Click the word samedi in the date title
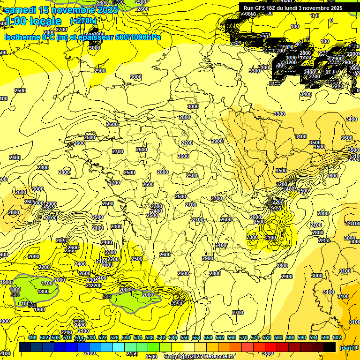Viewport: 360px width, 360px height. [21, 10]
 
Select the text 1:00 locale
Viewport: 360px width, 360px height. [33, 21]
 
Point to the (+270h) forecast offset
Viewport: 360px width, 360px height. [83, 21]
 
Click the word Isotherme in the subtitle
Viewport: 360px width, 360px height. [22, 37]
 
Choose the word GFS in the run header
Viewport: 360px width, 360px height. [260, 8]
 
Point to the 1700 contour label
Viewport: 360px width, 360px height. [47, 283]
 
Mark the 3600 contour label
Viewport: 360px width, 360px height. [347, 138]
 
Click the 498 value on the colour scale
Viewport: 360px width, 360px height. [32, 337]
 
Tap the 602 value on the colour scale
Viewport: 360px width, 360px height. [337, 337]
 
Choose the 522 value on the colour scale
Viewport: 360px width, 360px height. [103, 337]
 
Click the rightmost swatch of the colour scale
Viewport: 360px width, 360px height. [329, 347]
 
